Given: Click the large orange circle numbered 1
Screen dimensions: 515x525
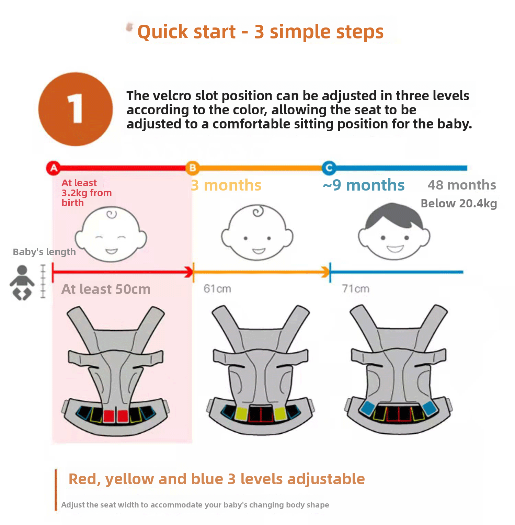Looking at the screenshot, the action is [x=76, y=109].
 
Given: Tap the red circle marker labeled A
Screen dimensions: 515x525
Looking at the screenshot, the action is [x=54, y=168].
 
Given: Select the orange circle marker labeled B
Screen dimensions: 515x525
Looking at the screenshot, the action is [x=193, y=168].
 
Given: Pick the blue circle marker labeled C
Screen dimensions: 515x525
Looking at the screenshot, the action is [x=329, y=168].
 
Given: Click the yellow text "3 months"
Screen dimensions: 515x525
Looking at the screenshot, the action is [x=226, y=185].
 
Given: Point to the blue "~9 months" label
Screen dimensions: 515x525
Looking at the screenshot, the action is [x=364, y=185].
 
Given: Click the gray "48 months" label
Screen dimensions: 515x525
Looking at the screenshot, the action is [x=462, y=185].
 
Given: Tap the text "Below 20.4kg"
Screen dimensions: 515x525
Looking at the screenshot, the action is [x=459, y=204].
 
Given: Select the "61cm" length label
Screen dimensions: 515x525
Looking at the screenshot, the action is [x=217, y=289].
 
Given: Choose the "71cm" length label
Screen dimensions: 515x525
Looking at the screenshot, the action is [x=356, y=289].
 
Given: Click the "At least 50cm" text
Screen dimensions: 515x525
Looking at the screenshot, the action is [x=106, y=289].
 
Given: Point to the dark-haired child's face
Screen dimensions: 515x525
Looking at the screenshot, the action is [x=394, y=231].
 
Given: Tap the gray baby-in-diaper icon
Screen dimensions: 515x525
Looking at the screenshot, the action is [x=22, y=283].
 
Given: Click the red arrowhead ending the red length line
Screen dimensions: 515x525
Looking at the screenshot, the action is [x=189, y=272].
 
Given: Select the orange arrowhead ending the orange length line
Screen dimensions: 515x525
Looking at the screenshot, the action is [x=325, y=272].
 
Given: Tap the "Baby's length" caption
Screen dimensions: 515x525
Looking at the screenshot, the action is [x=44, y=252].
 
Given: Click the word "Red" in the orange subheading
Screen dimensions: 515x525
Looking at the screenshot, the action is [x=85, y=479].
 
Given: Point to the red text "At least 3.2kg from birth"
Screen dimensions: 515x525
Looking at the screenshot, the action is [x=87, y=193].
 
